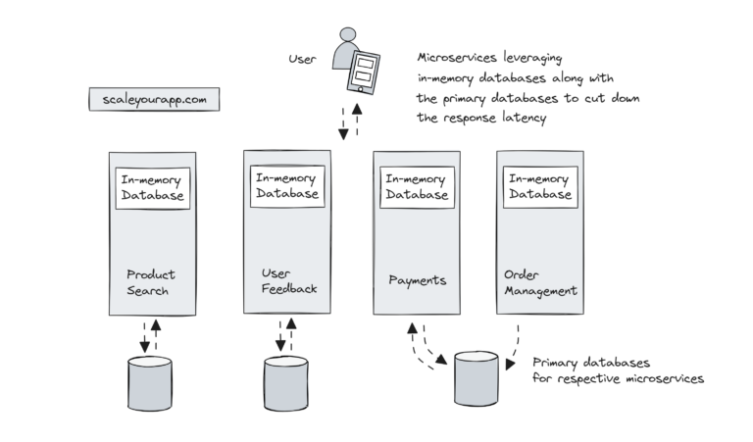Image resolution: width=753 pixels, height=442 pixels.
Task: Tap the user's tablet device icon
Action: click(x=363, y=70)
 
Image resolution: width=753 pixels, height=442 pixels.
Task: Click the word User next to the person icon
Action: click(x=303, y=59)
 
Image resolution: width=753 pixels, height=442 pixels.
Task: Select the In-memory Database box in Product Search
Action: click(x=152, y=187)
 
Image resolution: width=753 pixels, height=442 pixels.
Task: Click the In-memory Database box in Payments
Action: click(x=417, y=186)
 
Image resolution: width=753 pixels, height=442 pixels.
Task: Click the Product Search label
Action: click(x=151, y=282)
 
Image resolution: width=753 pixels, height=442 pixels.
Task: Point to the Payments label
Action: click(x=417, y=280)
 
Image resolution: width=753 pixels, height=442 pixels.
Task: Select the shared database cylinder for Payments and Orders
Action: click(x=476, y=377)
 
